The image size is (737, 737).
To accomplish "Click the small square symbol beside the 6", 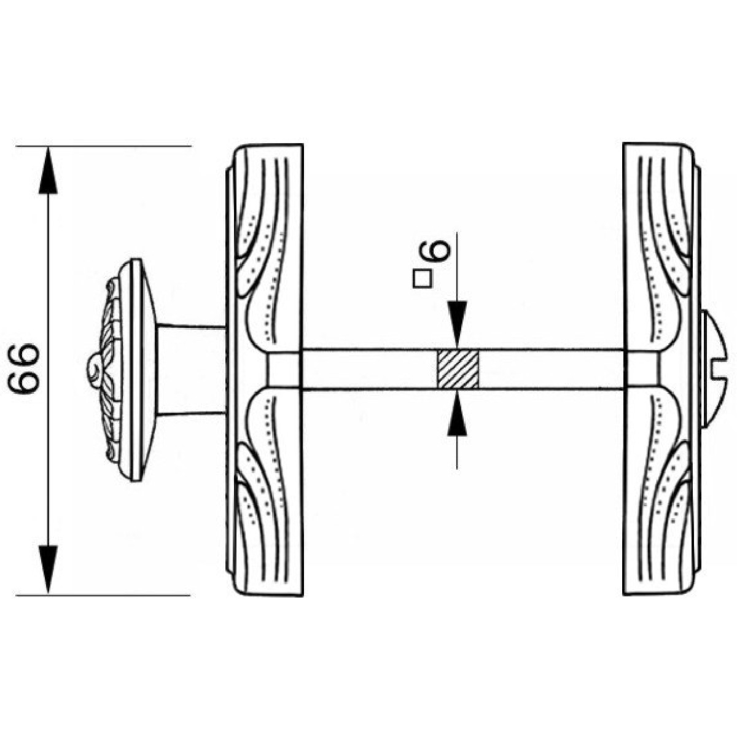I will click(x=421, y=279).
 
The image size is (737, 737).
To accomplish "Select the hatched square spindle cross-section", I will click(x=458, y=369).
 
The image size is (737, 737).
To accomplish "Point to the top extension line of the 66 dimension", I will click(x=104, y=146).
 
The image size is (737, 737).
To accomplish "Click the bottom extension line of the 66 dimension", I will click(x=104, y=595).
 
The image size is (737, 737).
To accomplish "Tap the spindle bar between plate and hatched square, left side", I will click(x=368, y=369).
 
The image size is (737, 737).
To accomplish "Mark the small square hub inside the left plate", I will click(x=284, y=370).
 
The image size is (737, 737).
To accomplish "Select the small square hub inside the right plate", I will click(x=641, y=370).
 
